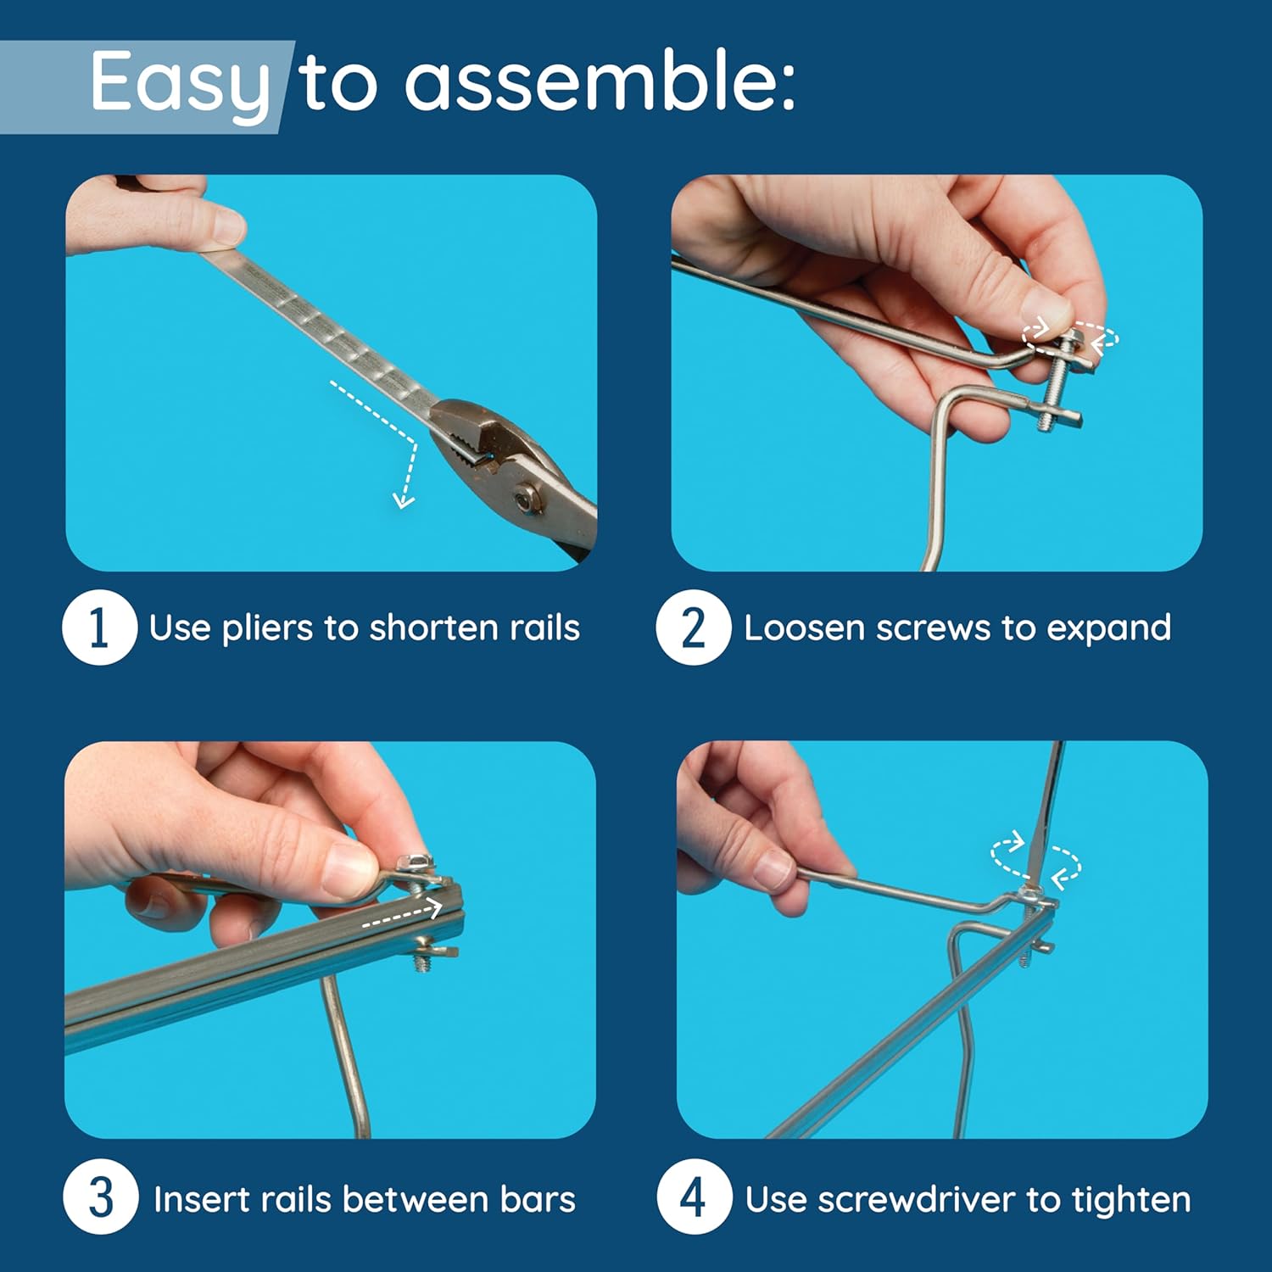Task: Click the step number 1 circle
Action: click(99, 628)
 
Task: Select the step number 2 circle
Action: click(693, 628)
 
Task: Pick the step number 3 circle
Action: click(100, 1197)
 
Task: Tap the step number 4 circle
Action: click(694, 1197)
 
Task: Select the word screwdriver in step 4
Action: click(916, 1199)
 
